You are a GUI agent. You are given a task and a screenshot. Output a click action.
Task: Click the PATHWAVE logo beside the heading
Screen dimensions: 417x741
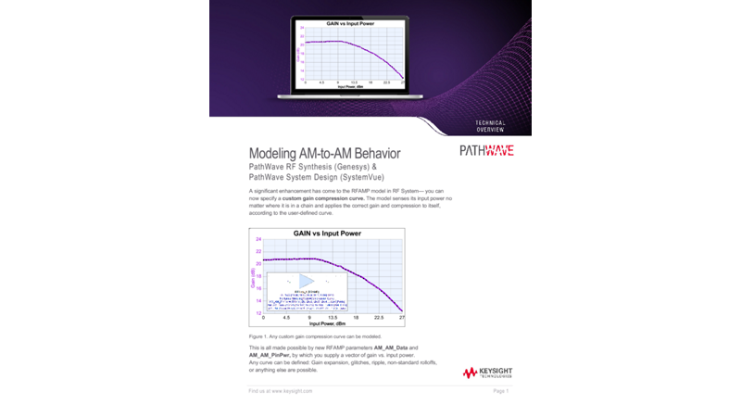point(486,151)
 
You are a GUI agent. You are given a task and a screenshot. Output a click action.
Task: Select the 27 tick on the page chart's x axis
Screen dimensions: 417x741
point(401,318)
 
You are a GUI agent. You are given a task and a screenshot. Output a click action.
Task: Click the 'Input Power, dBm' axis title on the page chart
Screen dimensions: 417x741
point(328,323)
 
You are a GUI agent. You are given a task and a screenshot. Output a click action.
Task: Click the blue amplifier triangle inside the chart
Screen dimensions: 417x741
point(308,281)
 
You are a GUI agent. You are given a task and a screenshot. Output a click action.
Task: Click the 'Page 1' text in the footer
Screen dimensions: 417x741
point(501,392)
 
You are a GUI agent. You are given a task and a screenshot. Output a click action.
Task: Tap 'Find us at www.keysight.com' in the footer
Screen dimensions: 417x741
point(281,392)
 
